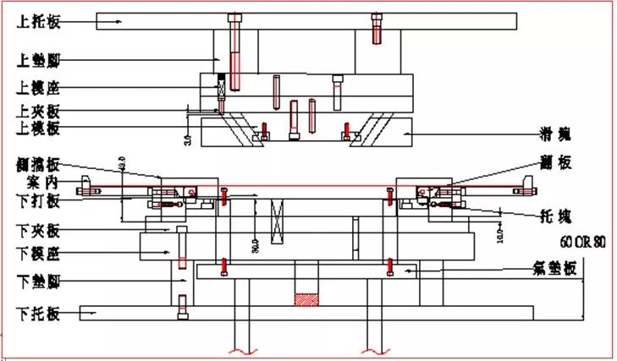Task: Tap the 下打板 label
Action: coord(39,201)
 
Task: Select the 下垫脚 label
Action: coord(39,281)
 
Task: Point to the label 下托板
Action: coord(39,314)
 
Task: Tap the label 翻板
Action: coord(556,164)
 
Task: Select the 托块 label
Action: coord(556,215)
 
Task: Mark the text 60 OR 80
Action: coord(584,242)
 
